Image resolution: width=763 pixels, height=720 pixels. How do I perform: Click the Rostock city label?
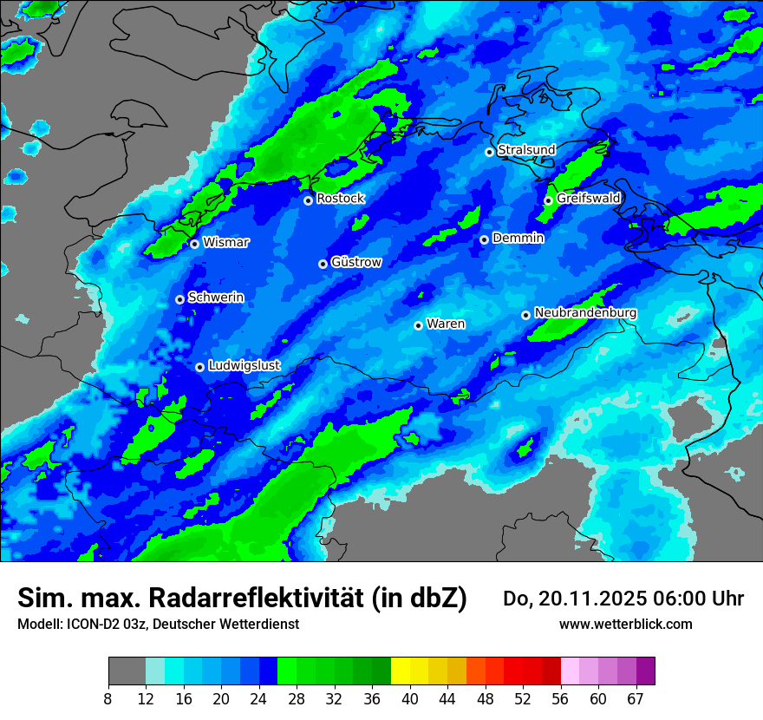pos(340,199)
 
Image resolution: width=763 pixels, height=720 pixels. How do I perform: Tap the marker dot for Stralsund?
pos(489,152)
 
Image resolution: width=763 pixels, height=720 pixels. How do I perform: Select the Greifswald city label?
pos(588,199)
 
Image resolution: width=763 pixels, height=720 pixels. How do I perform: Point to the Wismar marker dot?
pos(194,244)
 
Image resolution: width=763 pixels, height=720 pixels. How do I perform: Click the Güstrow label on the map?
pos(355,262)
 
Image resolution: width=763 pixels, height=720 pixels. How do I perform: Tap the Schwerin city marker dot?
pos(179,299)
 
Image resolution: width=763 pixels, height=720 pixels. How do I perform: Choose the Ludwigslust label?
pos(244,366)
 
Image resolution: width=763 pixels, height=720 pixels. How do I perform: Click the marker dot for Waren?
pos(418,325)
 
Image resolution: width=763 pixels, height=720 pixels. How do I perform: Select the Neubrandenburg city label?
pos(585,312)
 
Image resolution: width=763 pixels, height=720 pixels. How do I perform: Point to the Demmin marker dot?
pos(484,239)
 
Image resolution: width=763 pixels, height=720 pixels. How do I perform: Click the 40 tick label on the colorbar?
pos(410,699)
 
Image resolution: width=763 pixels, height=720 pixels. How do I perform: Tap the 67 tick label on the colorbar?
pos(636,699)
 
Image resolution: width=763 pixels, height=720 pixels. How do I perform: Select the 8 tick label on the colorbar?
pos(108,699)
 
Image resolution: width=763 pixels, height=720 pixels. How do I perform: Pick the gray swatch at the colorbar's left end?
pos(127,671)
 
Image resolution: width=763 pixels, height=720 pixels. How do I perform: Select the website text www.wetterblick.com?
pos(625,624)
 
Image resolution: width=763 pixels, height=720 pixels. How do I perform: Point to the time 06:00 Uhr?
pos(697,599)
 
